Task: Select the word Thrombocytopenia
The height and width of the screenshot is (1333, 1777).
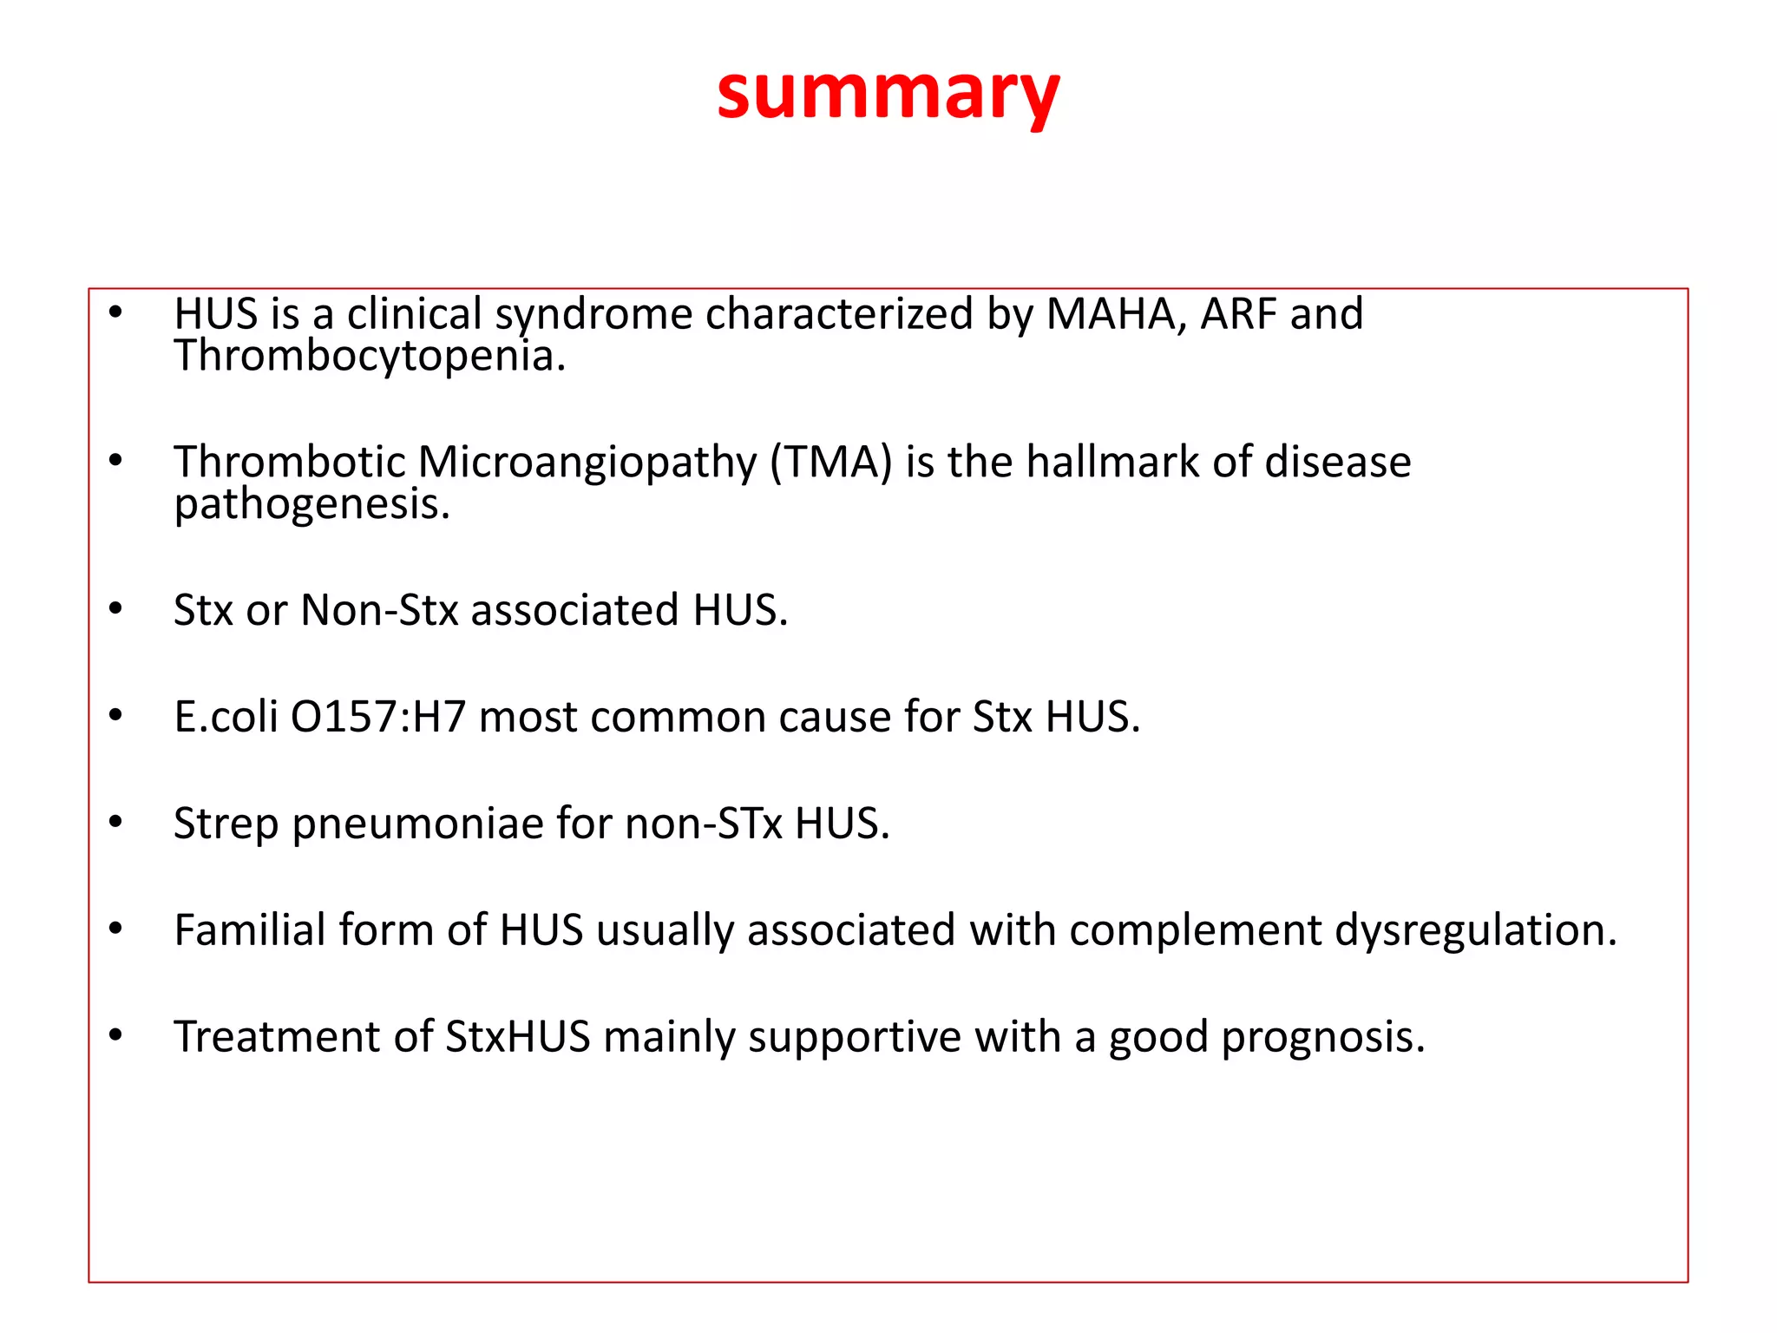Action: click(370, 357)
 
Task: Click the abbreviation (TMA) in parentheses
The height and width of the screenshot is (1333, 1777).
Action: click(831, 462)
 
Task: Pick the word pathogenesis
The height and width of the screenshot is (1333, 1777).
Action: click(311, 505)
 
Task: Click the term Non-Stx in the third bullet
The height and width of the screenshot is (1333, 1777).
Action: click(379, 610)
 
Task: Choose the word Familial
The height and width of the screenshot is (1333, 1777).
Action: click(249, 930)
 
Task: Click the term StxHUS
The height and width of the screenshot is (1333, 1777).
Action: click(518, 1037)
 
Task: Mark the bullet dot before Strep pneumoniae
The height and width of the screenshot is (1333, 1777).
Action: click(116, 822)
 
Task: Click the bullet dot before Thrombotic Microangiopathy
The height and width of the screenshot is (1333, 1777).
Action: click(116, 461)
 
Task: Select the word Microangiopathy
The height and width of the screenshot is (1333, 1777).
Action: click(587, 462)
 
